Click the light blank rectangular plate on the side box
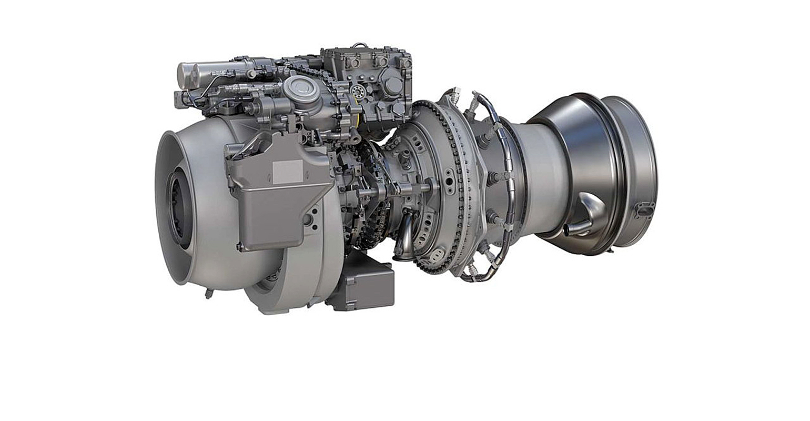(x=287, y=172)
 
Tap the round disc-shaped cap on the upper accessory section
(x=301, y=88)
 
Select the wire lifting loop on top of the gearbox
(x=359, y=46)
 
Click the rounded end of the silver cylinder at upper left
(x=183, y=75)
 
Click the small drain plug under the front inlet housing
(x=209, y=293)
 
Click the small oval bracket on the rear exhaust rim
(x=644, y=209)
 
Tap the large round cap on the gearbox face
(x=392, y=84)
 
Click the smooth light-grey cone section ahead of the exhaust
(x=542, y=174)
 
